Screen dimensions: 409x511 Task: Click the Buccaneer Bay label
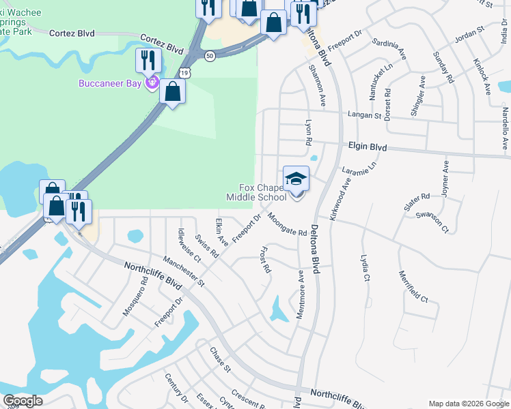[x=109, y=84]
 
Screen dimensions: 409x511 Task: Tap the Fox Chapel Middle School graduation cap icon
[x=296, y=179]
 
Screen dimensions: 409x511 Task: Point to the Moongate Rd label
[x=287, y=224]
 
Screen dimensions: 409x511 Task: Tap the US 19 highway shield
[x=185, y=72]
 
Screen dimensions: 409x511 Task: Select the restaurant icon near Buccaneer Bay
[x=148, y=61]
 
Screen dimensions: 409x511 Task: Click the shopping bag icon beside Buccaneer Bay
[x=173, y=91]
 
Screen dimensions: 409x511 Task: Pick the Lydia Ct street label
[x=365, y=269]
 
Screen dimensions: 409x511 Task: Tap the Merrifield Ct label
[x=413, y=286]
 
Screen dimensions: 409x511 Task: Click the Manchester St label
[x=184, y=270]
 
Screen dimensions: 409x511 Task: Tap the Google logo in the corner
[x=23, y=402]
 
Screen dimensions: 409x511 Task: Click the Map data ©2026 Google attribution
[x=469, y=404]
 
